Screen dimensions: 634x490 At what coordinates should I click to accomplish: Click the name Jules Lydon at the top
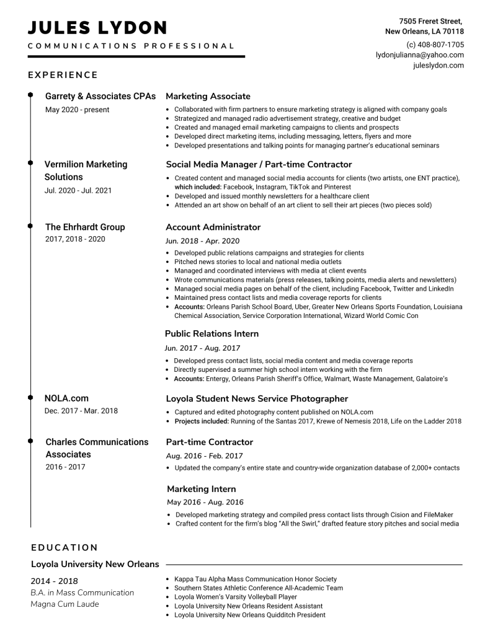coord(97,28)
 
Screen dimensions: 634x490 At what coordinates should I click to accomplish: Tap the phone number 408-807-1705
coord(435,45)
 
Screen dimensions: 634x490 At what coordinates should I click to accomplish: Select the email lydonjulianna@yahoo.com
coord(419,55)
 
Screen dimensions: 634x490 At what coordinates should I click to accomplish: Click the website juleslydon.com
coord(438,65)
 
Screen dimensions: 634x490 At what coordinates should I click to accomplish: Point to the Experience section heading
coord(63,75)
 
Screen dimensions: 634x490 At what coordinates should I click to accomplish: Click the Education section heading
coord(65,547)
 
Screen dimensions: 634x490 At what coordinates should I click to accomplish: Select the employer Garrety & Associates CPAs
coord(100,96)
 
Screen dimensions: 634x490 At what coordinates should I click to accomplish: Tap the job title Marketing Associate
coord(208,96)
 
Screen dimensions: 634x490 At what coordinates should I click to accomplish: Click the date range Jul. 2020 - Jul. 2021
coord(78,190)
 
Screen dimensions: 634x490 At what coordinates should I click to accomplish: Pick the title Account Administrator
coord(213,227)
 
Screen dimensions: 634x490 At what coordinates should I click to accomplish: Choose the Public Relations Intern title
coord(212,333)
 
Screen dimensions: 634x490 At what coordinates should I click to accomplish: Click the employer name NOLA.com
coord(66,398)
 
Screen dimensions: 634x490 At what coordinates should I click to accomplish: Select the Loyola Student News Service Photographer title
coord(257,398)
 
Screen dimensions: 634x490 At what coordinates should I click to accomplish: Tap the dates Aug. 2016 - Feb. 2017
coord(204,456)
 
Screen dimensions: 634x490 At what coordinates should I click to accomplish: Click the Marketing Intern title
coord(201,489)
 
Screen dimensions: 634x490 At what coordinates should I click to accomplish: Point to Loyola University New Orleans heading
coord(95,564)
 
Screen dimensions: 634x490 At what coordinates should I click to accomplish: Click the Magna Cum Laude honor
coord(65,604)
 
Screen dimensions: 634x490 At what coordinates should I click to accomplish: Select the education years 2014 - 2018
coord(55,581)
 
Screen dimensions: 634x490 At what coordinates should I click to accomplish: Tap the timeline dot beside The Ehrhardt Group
coord(30,227)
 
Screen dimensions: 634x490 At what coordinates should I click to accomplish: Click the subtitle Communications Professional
coord(131,46)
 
